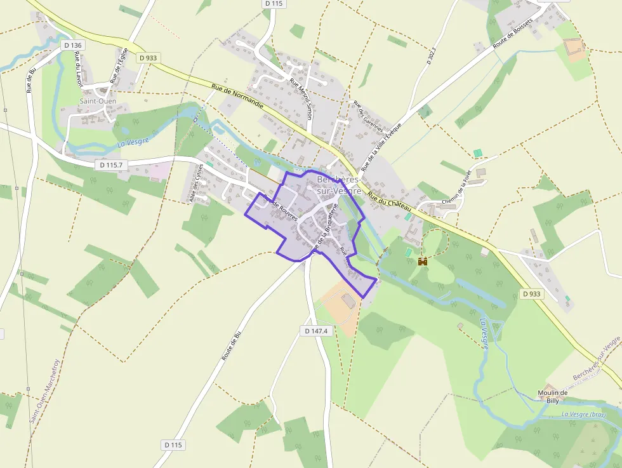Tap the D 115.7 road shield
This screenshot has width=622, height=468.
pos(111,164)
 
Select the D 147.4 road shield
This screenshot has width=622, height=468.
pos(316,331)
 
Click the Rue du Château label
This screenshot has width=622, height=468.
pos(390,204)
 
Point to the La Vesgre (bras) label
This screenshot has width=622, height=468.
pos(584,415)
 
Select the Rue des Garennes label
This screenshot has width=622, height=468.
pos(368,116)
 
